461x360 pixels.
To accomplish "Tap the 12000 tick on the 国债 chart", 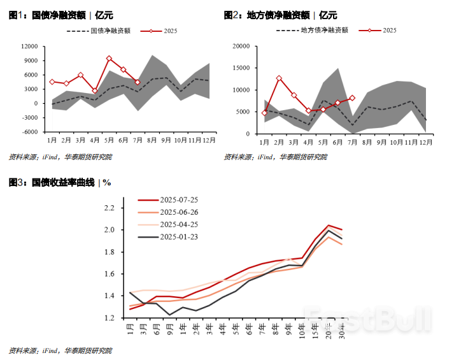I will click(29, 46).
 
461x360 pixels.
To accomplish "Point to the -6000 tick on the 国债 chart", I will click(29, 133).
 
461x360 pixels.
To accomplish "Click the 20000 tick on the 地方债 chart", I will click(239, 46).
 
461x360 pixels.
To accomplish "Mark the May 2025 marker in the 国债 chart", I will click(109, 59).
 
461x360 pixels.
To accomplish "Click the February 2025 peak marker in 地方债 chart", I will click(279, 78).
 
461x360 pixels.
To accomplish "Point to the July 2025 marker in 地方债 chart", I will click(352, 98).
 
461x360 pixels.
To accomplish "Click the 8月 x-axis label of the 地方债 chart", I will click(367, 141).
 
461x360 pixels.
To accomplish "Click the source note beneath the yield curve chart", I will click(60, 350).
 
